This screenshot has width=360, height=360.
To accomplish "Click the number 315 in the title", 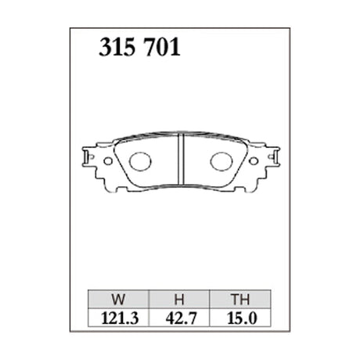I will pos(117,49).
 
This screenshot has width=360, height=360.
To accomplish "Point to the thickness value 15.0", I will pos(239,318).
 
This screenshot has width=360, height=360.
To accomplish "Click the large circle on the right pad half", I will pos(221,161).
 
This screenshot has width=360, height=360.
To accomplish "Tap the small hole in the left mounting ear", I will pos(106,160).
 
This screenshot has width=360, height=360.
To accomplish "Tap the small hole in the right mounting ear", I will pos(255,160).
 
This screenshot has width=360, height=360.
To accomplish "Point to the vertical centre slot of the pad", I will pos(181,161).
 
